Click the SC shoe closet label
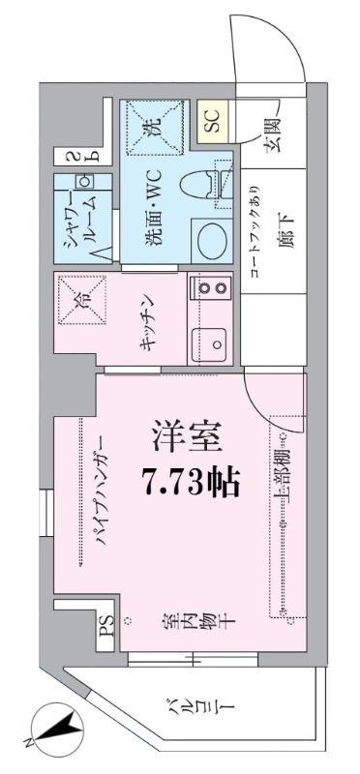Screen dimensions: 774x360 [212, 120]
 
